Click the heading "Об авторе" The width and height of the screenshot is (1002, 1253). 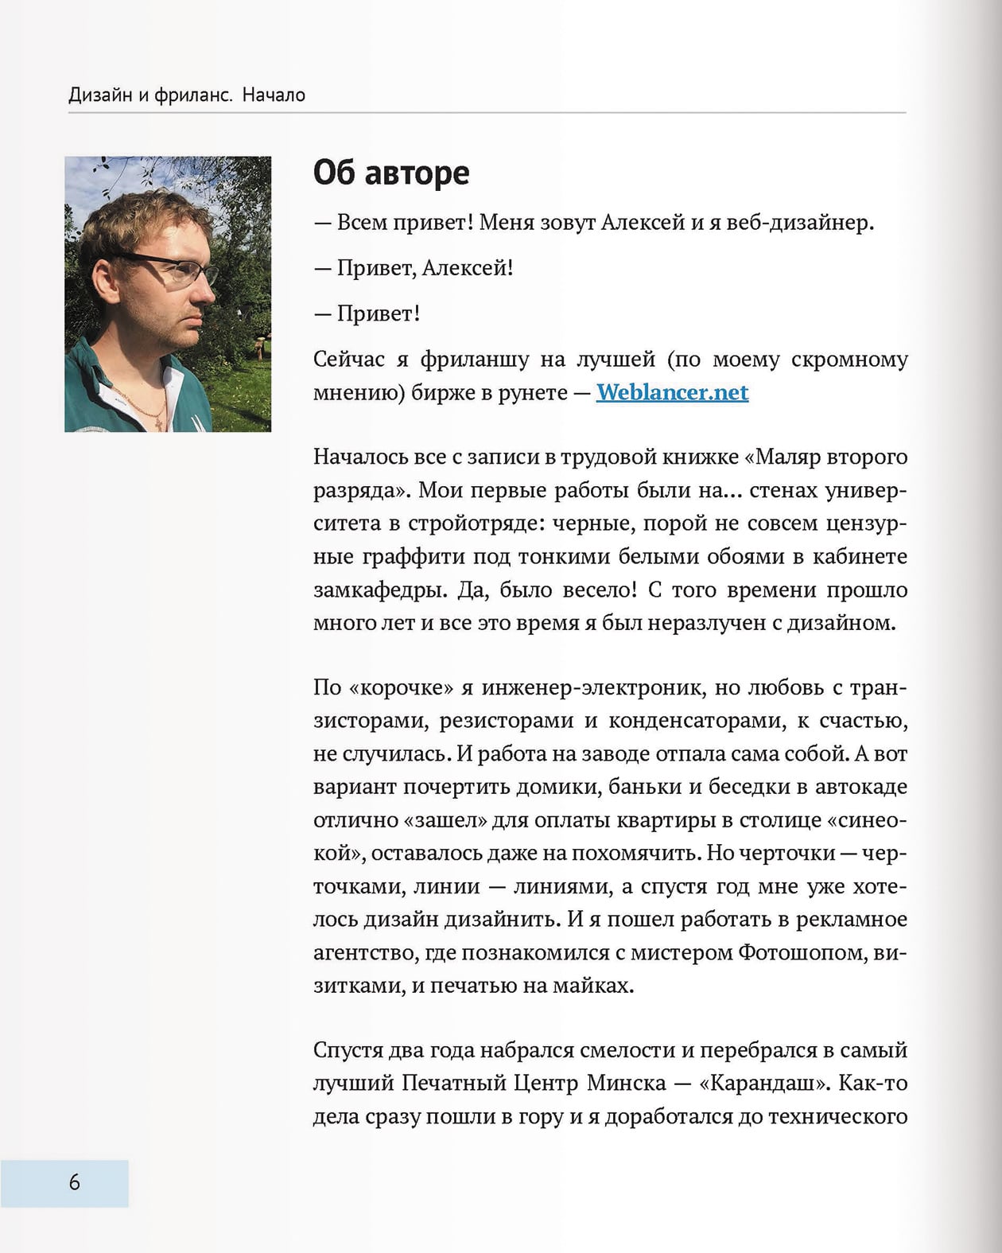[391, 173]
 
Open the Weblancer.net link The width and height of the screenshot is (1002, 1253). [672, 392]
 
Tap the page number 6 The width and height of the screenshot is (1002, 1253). [74, 1182]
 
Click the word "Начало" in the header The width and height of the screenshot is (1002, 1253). [274, 95]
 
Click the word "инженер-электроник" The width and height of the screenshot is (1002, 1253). [591, 687]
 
